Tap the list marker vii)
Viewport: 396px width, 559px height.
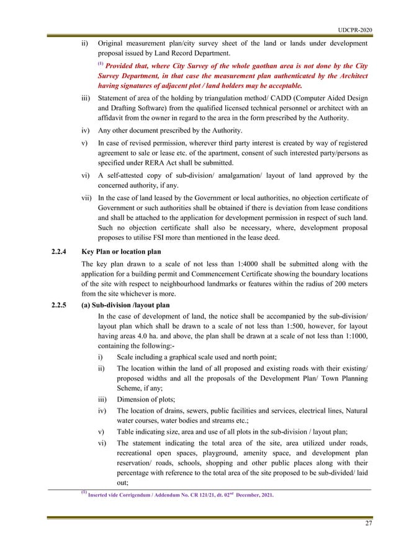click(x=87, y=197)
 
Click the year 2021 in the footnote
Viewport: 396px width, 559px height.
click(x=263, y=495)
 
